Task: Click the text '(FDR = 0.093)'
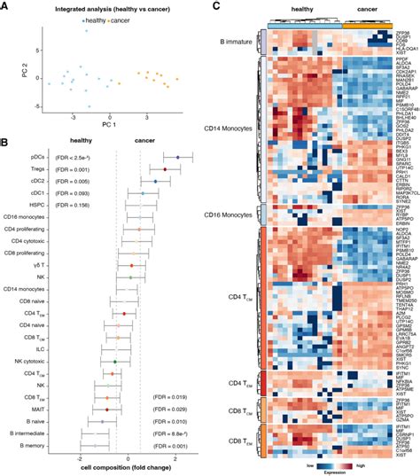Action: pyautogui.click(x=74, y=191)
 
